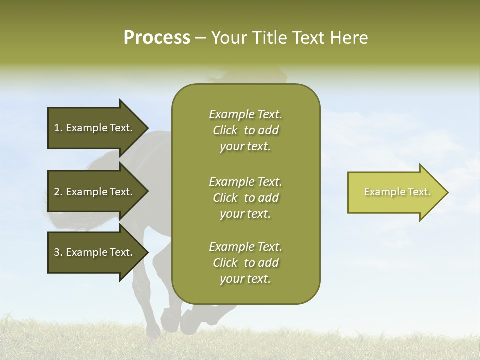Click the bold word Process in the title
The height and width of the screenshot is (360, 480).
click(157, 38)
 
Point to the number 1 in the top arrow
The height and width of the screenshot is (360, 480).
click(57, 128)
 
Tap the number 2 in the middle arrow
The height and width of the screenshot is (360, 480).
click(57, 192)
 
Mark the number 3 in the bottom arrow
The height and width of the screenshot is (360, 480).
click(57, 252)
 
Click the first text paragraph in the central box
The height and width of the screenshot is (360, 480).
click(246, 130)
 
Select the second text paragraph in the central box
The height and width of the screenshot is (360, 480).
click(246, 198)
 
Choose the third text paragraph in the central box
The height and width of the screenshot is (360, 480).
click(246, 263)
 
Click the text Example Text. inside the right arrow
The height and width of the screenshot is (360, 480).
click(397, 192)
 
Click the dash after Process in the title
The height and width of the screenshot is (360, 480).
click(201, 38)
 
